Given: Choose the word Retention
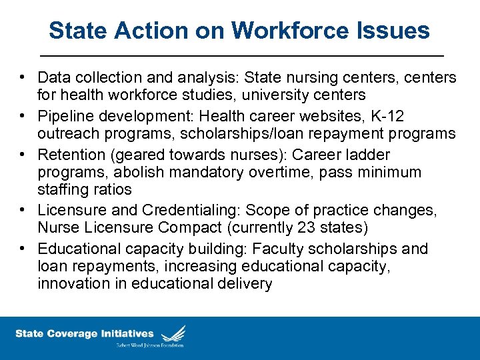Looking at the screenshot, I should point(69,155).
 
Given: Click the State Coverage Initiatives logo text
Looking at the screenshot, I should point(85,333).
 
